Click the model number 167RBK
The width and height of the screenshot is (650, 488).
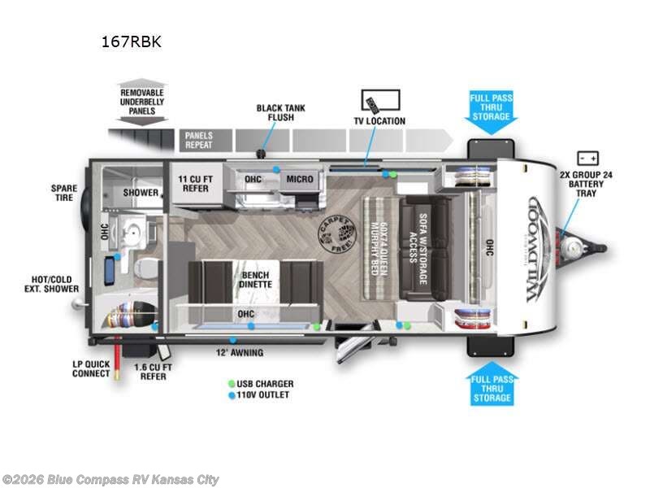point(131,41)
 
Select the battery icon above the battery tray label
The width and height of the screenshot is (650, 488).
point(587,158)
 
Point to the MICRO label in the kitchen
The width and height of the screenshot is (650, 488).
point(300,179)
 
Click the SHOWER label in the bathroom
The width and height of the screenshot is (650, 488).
point(141,193)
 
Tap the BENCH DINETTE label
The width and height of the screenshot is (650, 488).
point(254,280)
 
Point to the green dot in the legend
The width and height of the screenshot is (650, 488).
point(232,384)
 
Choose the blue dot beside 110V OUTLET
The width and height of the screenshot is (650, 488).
point(232,395)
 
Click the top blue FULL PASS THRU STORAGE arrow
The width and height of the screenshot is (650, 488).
point(491,110)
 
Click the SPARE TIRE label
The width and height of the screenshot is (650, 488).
point(63,194)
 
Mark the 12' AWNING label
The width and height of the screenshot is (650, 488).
point(240,353)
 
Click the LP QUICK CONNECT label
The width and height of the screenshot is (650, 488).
point(90,368)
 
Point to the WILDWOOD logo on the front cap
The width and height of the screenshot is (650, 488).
point(540,249)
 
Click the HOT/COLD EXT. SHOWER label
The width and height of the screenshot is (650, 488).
point(50,283)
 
